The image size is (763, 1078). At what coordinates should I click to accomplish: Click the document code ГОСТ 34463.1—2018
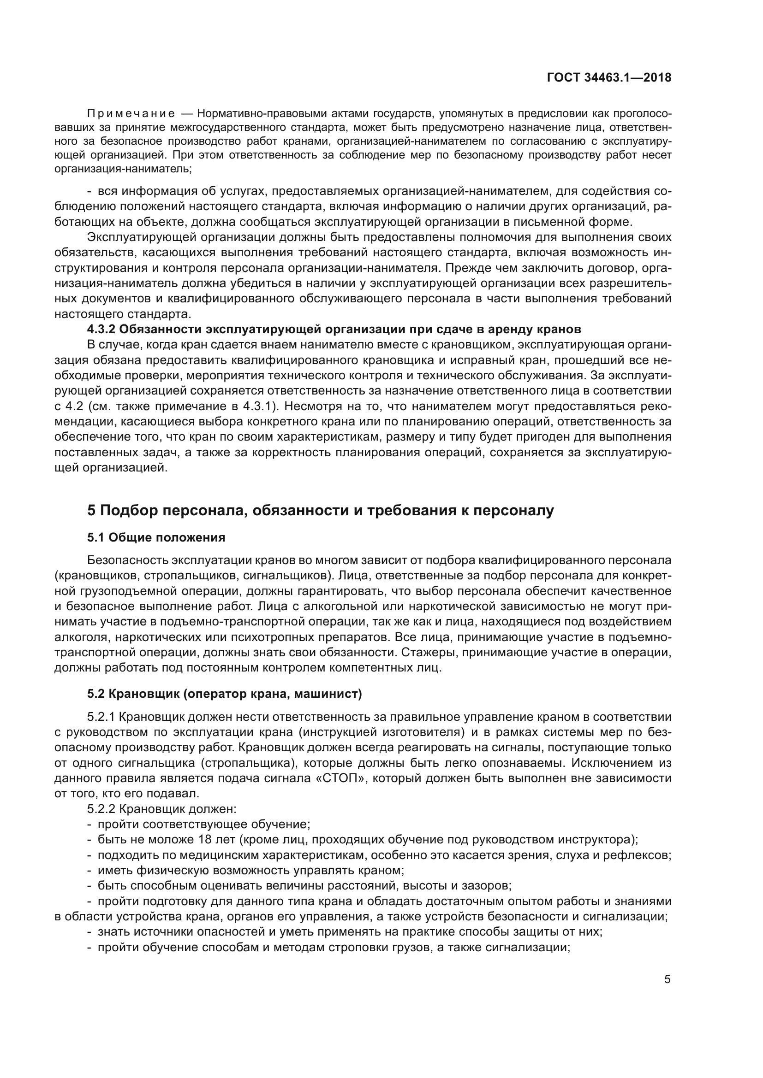pos(609,78)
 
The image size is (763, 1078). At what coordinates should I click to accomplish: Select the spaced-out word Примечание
pos(131,114)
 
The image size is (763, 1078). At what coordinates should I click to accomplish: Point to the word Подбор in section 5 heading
pos(127,510)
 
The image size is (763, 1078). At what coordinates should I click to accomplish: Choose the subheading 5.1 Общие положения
pos(156,537)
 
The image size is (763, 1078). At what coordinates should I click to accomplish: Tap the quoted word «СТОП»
pos(340,778)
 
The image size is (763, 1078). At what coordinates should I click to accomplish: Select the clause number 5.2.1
pos(101,717)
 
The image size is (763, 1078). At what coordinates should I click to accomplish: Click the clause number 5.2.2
pos(101,809)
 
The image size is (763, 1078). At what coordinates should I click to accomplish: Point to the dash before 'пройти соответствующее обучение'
pos(89,825)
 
